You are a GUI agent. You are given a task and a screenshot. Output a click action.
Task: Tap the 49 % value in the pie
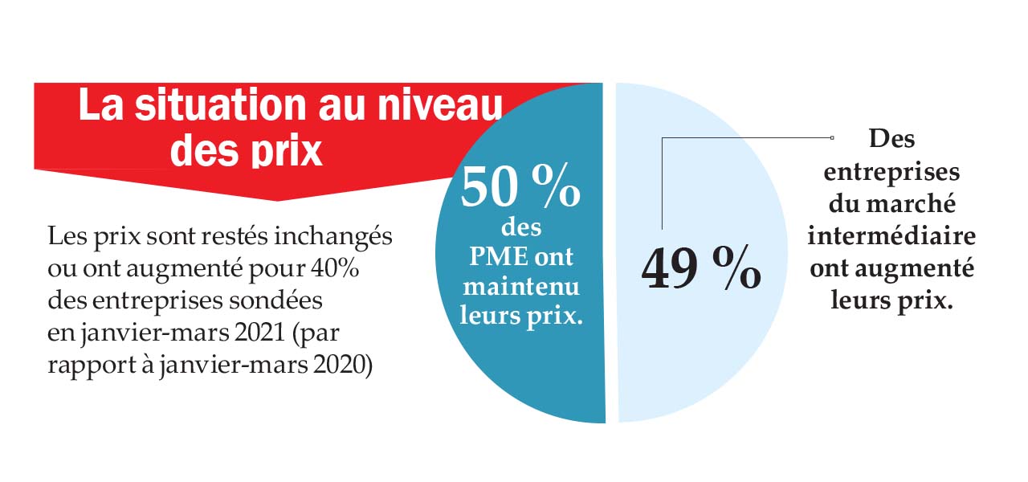[x=701, y=269]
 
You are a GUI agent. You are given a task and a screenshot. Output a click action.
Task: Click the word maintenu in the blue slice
[x=520, y=286]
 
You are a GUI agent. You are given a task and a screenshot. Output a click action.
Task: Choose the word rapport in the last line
[x=84, y=364]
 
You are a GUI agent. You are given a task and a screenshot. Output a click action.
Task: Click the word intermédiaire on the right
[x=891, y=237]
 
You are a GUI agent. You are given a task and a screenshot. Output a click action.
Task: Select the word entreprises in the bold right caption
[x=891, y=172]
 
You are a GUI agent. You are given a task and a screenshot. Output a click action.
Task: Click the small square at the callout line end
[x=832, y=138]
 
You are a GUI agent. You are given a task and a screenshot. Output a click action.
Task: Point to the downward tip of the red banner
[x=277, y=199]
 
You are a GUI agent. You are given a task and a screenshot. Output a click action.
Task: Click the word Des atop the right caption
[x=891, y=139]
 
